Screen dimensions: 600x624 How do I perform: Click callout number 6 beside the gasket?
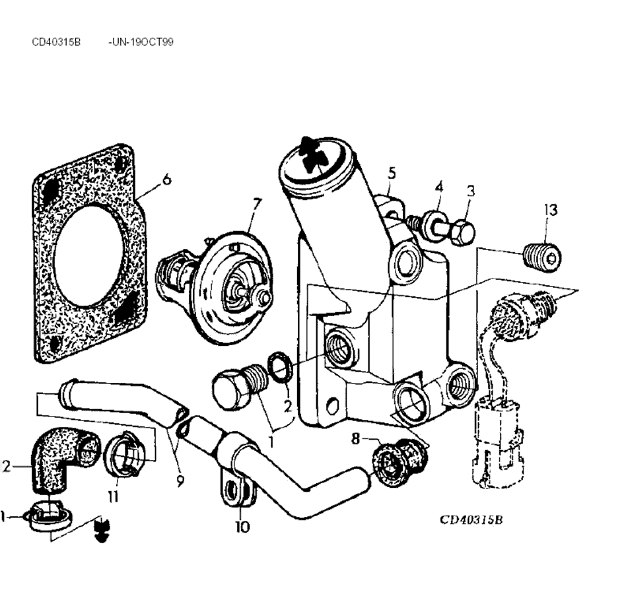click(x=166, y=178)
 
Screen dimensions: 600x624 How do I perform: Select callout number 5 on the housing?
click(x=392, y=174)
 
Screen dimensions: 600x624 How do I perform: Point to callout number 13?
click(x=551, y=210)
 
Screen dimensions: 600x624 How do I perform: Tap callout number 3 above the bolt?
click(x=470, y=191)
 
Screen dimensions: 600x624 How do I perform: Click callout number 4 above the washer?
click(x=438, y=187)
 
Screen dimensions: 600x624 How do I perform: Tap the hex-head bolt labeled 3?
click(x=462, y=232)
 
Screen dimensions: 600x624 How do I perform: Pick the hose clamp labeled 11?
click(x=122, y=454)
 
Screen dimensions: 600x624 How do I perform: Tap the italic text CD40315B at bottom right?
click(x=472, y=519)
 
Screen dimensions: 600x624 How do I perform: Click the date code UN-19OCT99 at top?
click(x=141, y=42)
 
